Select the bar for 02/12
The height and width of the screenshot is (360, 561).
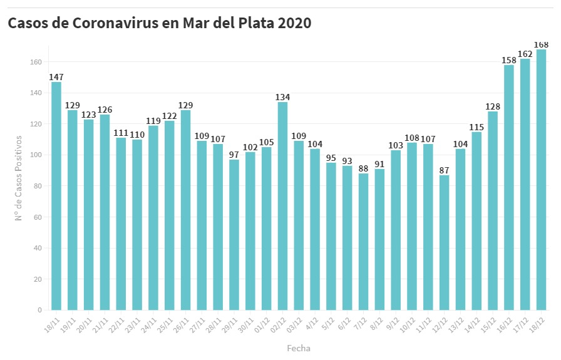click(282, 206)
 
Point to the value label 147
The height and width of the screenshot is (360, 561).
click(56, 77)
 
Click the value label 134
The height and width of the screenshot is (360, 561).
click(282, 97)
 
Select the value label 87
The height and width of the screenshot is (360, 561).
click(444, 170)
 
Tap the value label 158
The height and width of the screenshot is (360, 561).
click(508, 60)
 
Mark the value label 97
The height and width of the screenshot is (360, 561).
click(234, 155)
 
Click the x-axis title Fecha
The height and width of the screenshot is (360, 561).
click(299, 348)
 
